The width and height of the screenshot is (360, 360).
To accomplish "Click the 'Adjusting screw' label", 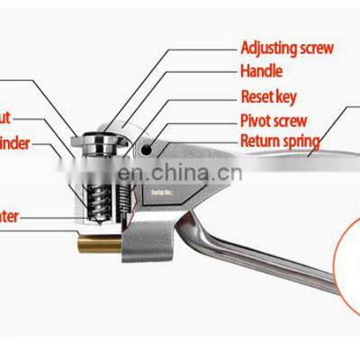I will point(286,47).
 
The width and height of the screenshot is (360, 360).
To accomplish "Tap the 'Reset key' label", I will point(269,94).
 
